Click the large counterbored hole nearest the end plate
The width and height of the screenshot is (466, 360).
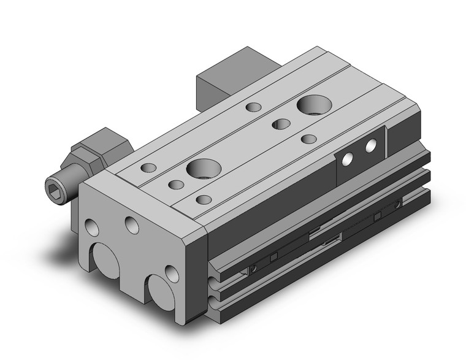click(203, 167)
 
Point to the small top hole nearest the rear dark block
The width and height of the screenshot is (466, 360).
click(253, 107)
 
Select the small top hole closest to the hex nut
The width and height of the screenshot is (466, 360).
click(148, 167)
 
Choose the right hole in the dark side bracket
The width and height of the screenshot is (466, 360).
click(371, 146)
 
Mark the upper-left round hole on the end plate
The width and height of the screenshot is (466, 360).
click(92, 228)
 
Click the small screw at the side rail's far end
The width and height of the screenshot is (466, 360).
click(399, 202)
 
